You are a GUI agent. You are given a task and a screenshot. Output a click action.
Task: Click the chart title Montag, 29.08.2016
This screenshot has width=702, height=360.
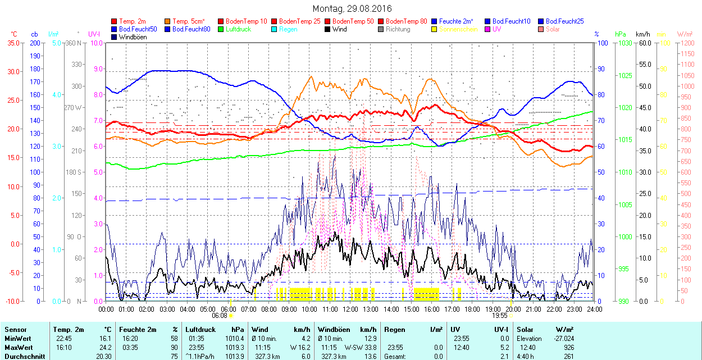[352, 8]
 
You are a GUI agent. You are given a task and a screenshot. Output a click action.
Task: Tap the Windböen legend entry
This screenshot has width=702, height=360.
[133, 37]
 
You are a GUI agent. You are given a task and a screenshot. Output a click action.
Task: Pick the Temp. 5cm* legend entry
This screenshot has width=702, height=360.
[189, 21]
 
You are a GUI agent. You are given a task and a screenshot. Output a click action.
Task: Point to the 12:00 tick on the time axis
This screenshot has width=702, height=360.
[350, 309]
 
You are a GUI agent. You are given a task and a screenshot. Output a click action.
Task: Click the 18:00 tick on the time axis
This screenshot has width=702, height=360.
[472, 309]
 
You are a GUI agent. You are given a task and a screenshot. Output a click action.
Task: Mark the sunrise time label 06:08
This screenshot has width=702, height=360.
[220, 316]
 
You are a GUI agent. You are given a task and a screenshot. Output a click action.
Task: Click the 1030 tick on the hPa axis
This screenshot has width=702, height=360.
[624, 43]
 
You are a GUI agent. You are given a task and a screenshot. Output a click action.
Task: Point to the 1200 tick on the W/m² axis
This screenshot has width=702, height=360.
[688, 43]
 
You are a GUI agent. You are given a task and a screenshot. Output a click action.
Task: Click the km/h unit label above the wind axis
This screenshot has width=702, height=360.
[642, 34]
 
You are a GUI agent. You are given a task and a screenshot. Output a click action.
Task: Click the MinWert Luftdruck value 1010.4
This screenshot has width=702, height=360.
[234, 339]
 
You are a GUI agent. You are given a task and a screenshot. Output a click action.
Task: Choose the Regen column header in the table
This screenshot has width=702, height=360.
[394, 330]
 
